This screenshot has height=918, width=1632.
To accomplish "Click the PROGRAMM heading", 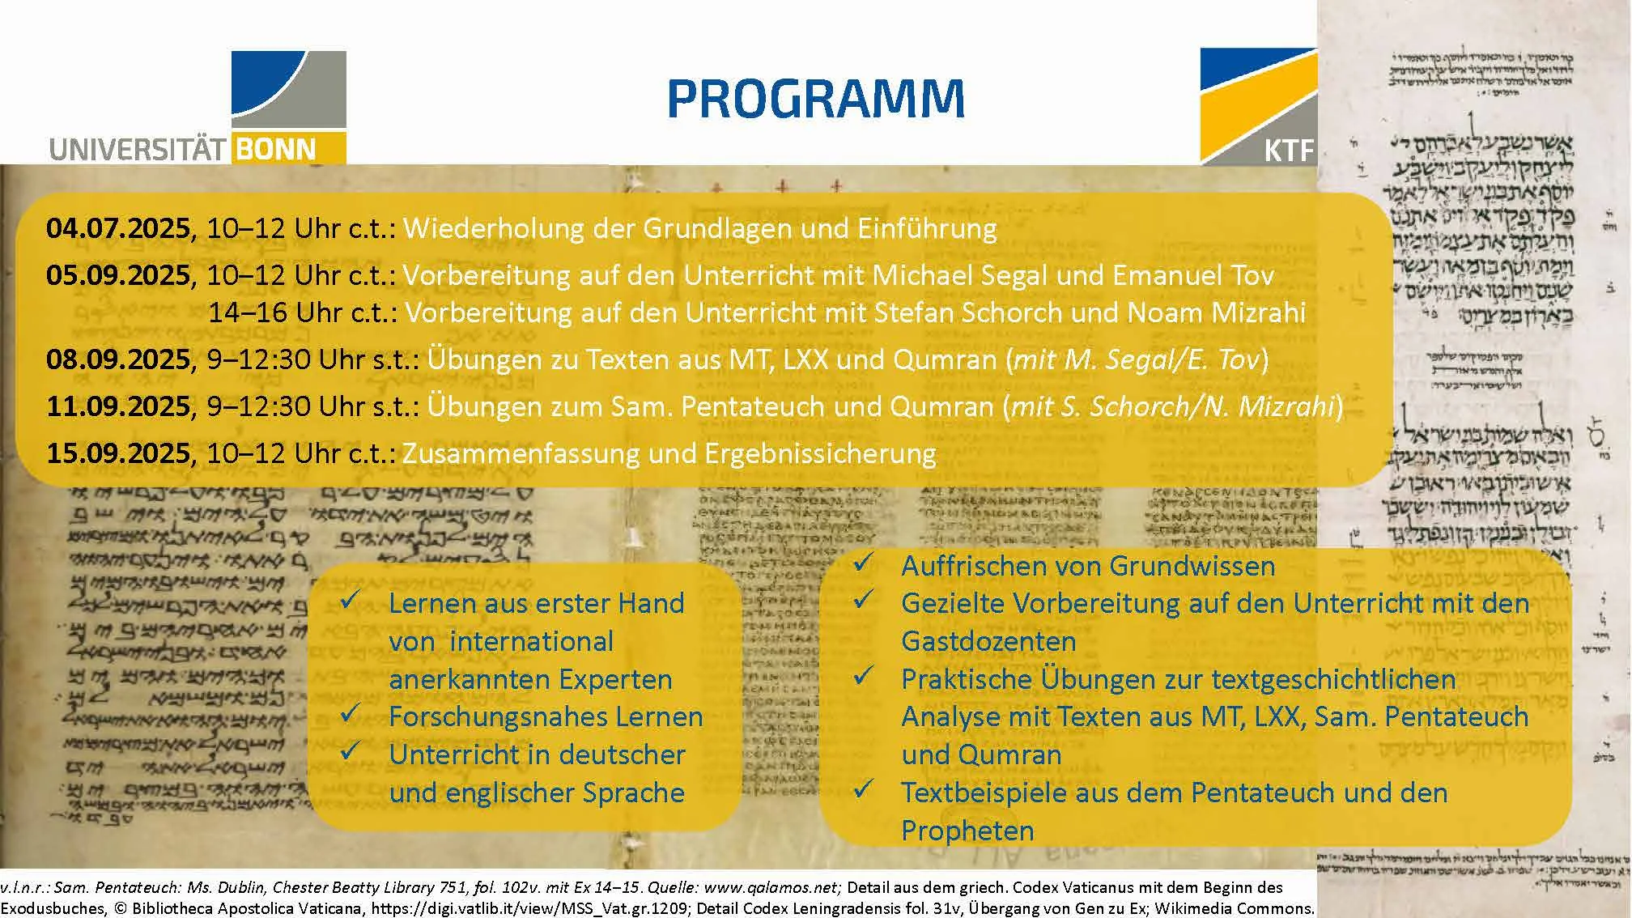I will pyautogui.click(x=815, y=100).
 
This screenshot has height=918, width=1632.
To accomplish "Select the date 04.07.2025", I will pyautogui.click(x=118, y=229).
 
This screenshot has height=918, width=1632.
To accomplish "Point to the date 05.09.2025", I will pyautogui.click(x=118, y=276).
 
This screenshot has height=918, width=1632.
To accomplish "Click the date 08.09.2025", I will pyautogui.click(x=118, y=359).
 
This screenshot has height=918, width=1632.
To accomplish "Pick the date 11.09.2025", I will pyautogui.click(x=118, y=406).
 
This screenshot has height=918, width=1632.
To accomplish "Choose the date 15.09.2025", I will pyautogui.click(x=118, y=453).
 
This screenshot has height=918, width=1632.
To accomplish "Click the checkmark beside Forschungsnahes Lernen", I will pyautogui.click(x=350, y=713).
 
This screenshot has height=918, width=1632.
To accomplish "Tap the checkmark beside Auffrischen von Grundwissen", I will pyautogui.click(x=863, y=562).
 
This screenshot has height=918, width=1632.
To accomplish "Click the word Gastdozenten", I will pyautogui.click(x=988, y=642).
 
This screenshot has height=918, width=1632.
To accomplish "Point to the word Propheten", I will pyautogui.click(x=967, y=831).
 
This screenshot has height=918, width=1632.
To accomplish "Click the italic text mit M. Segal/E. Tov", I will pyautogui.click(x=1137, y=359).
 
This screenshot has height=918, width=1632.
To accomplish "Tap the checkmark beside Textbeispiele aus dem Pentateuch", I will pyautogui.click(x=863, y=788).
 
